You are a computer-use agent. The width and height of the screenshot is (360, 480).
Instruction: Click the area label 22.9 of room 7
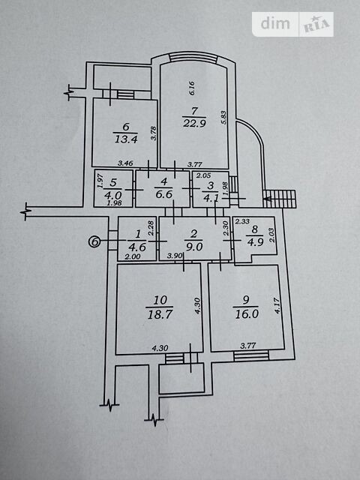[x=194, y=123]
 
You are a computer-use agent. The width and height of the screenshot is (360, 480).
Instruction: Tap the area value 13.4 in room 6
[x=126, y=139]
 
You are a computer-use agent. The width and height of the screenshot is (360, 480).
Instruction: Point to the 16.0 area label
[x=247, y=313]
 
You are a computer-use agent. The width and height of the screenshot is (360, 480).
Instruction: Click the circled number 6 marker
[x=94, y=241]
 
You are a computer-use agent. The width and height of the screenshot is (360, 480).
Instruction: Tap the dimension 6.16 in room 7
[x=192, y=88]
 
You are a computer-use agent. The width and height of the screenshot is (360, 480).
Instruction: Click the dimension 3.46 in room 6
[x=125, y=163]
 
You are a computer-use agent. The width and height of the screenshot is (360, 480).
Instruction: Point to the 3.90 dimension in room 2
[x=175, y=256]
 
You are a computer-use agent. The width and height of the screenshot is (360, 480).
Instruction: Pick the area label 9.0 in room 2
[x=193, y=247]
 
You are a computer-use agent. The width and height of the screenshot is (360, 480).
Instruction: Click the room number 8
[x=255, y=229]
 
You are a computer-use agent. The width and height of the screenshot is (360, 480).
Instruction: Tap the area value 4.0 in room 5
[x=113, y=195]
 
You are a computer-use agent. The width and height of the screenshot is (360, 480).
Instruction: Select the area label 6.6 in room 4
[x=164, y=194]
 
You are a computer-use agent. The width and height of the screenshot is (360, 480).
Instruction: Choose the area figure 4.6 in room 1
[x=136, y=247]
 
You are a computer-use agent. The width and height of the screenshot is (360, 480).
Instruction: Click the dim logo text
[x=275, y=23]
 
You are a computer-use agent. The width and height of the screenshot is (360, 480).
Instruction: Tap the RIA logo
[x=316, y=25]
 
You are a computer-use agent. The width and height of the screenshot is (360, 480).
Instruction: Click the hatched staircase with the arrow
[x=280, y=199]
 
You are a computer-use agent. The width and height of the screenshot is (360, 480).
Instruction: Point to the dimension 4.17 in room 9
[x=277, y=305]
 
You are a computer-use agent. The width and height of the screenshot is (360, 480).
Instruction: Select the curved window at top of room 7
[x=193, y=57]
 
